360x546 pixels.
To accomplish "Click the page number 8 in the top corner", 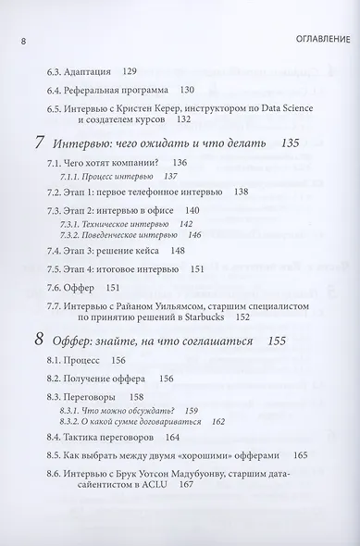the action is pyautogui.click(x=10, y=40).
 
